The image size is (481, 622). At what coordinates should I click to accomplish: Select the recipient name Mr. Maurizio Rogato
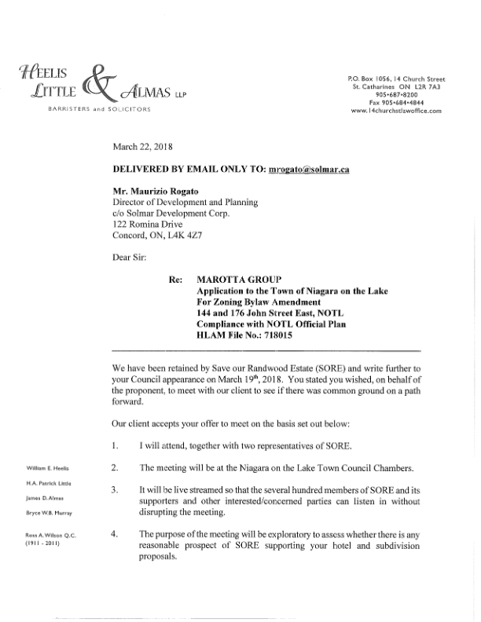155,191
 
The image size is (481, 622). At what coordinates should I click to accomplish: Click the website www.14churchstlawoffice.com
396,111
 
